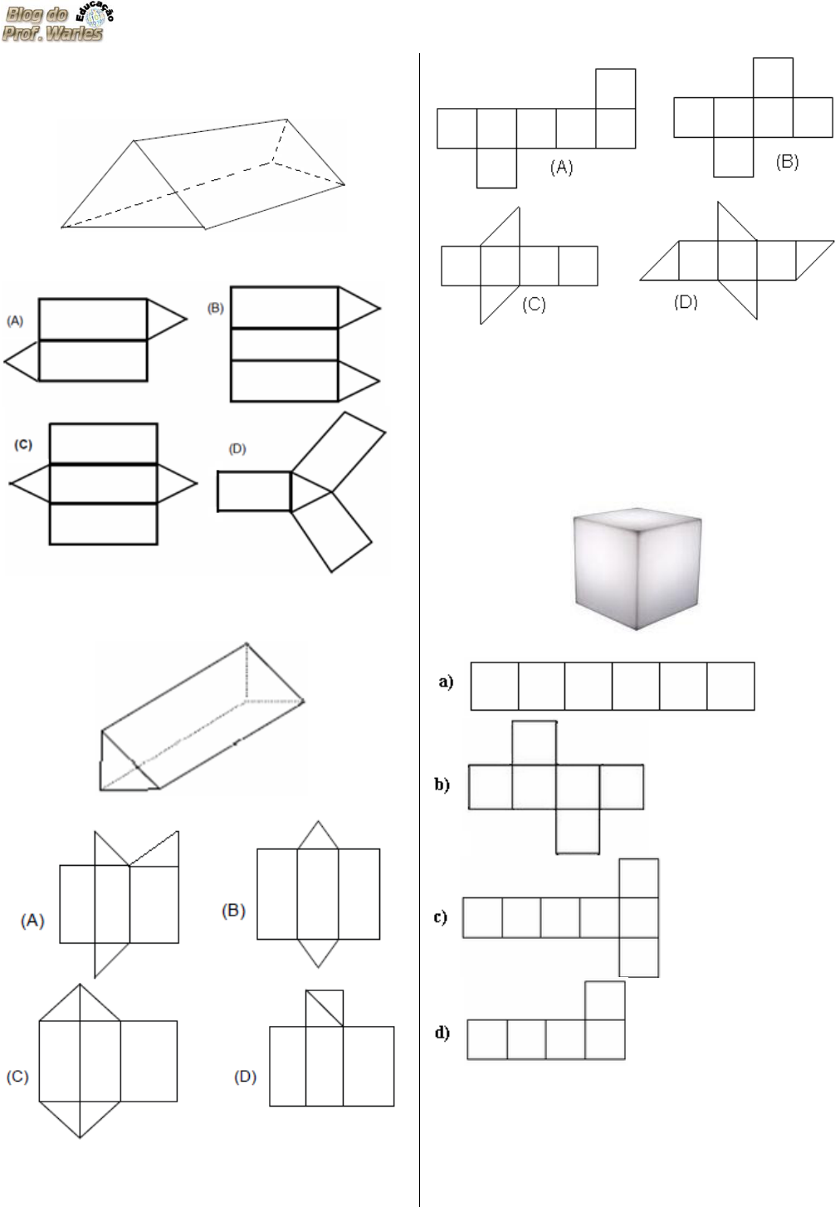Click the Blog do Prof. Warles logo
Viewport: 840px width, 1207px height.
pyautogui.click(x=57, y=23)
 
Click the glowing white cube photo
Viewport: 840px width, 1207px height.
pyautogui.click(x=637, y=569)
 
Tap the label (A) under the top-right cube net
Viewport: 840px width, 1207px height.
pyautogui.click(x=561, y=168)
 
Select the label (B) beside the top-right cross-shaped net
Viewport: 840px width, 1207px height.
pyautogui.click(x=787, y=162)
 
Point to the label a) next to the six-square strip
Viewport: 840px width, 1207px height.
pyautogui.click(x=446, y=682)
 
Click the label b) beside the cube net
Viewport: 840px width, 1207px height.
pyautogui.click(x=442, y=784)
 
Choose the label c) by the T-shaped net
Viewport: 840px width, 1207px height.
pyautogui.click(x=441, y=916)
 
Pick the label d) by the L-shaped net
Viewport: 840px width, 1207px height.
pyautogui.click(x=442, y=1033)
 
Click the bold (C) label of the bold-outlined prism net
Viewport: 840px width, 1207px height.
pyautogui.click(x=23, y=445)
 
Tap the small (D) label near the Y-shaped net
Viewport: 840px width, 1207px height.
pyautogui.click(x=237, y=449)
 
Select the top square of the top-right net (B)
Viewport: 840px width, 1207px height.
pyautogui.click(x=774, y=77)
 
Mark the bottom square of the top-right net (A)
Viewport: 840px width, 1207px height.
pyautogui.click(x=497, y=168)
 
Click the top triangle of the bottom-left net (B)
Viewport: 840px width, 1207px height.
pyautogui.click(x=318, y=836)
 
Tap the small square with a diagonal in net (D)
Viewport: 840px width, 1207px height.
pyautogui.click(x=325, y=1008)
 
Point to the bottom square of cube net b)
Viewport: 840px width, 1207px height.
pyautogui.click(x=578, y=832)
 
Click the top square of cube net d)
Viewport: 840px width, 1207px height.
pyautogui.click(x=605, y=1000)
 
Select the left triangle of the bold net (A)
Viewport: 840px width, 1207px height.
pyautogui.click(x=22, y=361)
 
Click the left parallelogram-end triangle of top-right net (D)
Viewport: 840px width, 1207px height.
pyautogui.click(x=660, y=261)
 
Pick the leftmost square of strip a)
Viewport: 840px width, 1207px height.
pyautogui.click(x=495, y=686)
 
